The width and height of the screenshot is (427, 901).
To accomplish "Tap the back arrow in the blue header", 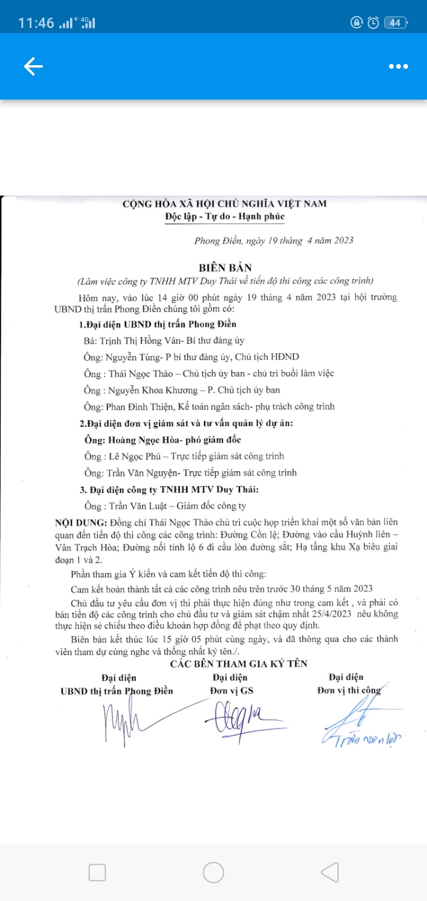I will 33,67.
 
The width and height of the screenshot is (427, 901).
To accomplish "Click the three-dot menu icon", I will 399,67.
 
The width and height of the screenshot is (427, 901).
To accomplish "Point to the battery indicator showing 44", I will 394,23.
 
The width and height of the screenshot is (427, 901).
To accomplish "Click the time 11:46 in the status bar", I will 36,23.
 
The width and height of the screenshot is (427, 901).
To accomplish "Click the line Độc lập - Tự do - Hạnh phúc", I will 225,216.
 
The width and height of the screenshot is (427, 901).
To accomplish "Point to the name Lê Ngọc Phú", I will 137,456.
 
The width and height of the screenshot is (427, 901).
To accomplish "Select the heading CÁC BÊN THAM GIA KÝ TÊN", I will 239,664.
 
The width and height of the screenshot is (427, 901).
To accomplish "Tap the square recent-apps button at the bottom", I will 97,872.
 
